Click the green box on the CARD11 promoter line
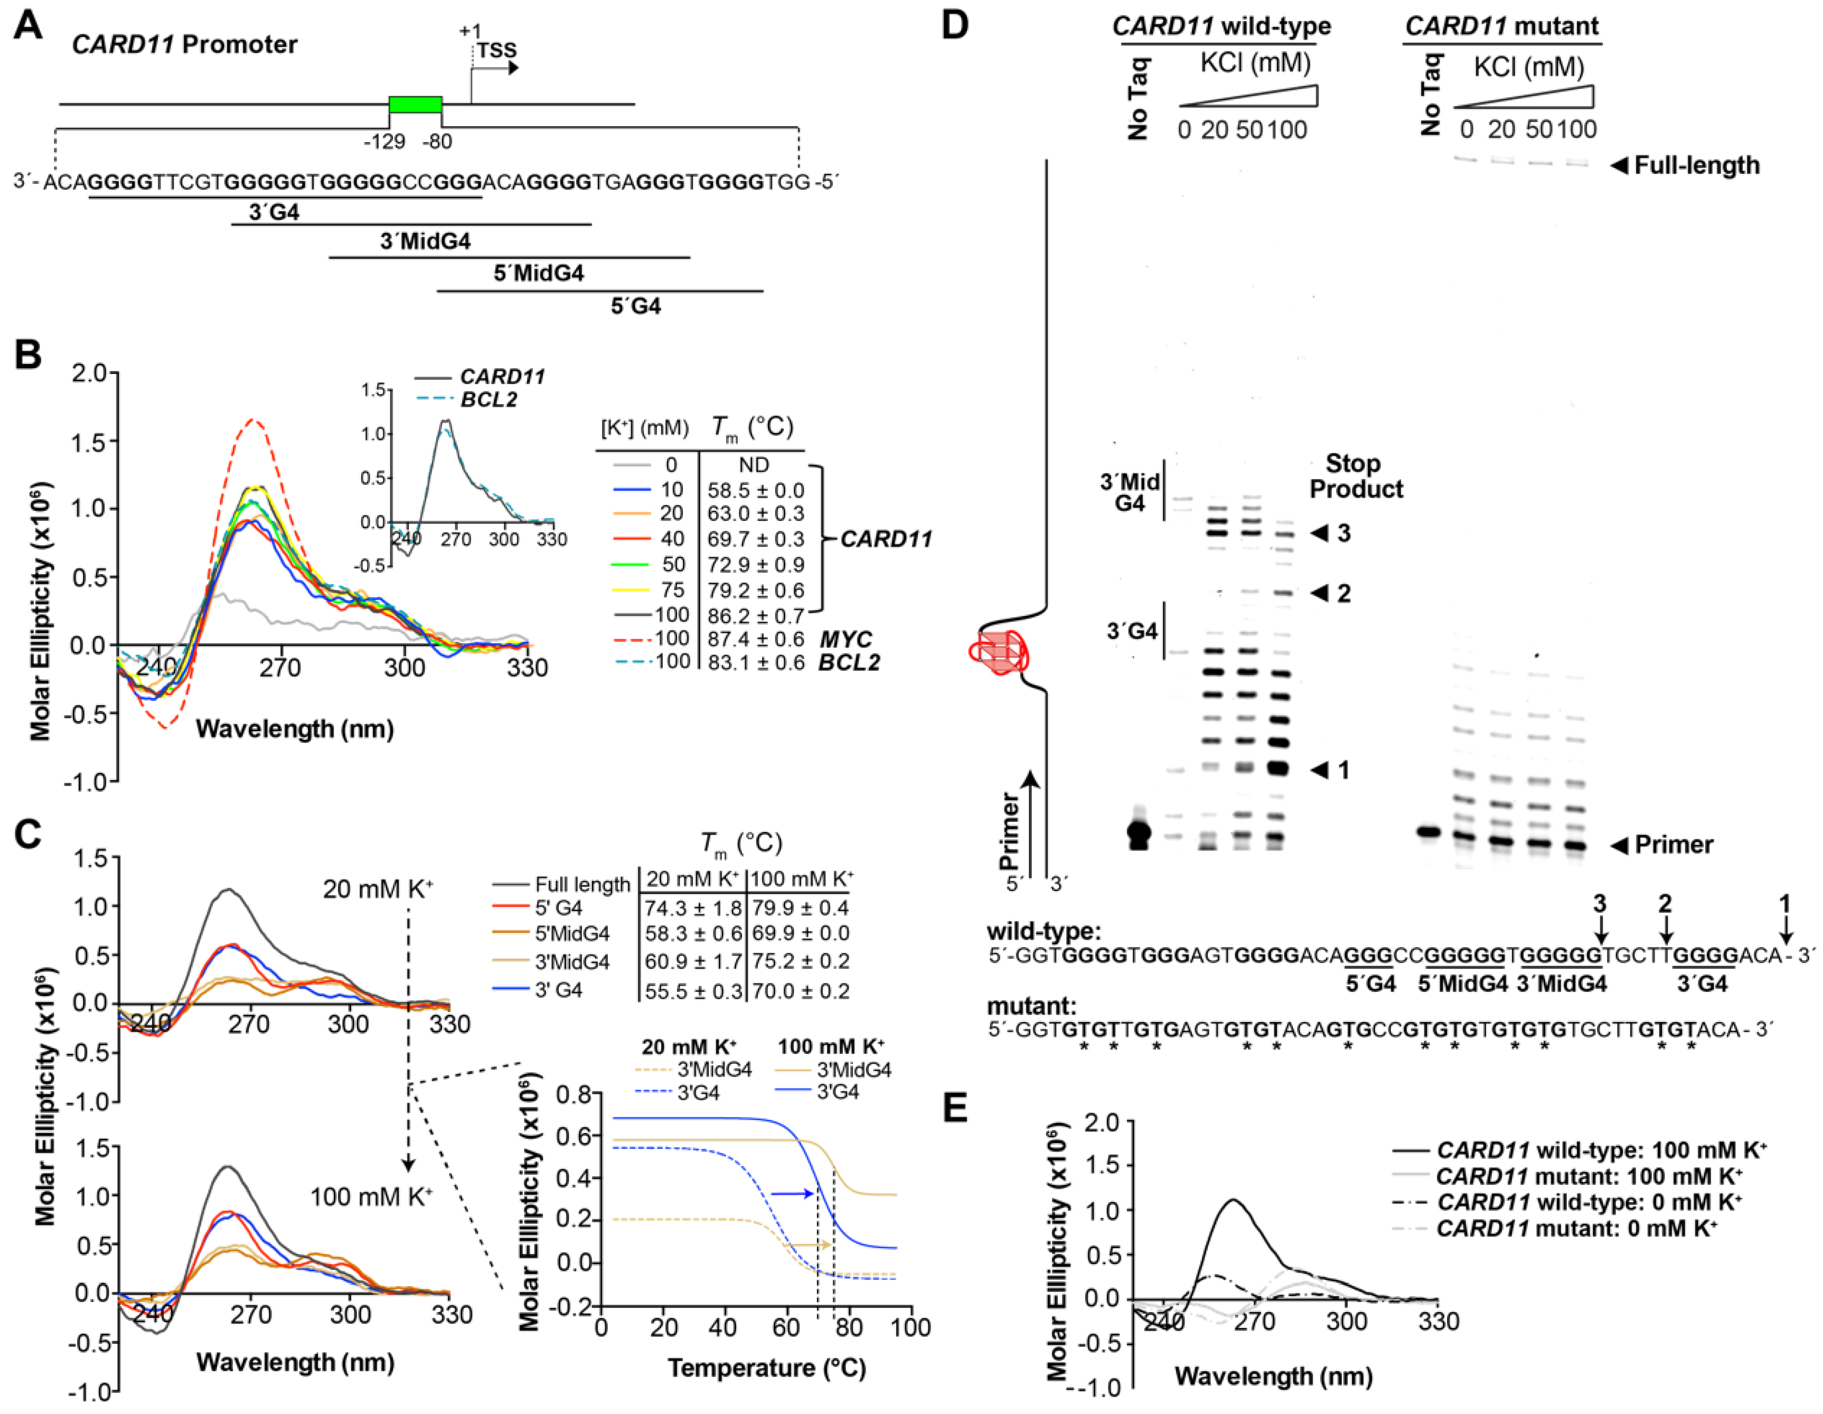click(x=415, y=105)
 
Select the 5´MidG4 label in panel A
click(x=538, y=273)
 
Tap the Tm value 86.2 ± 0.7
click(x=755, y=616)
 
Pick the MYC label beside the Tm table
click(x=845, y=639)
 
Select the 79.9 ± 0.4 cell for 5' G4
click(x=800, y=907)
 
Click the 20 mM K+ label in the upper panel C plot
click(x=377, y=889)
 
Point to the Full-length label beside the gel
click(x=1696, y=165)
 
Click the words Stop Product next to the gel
click(x=1356, y=476)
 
